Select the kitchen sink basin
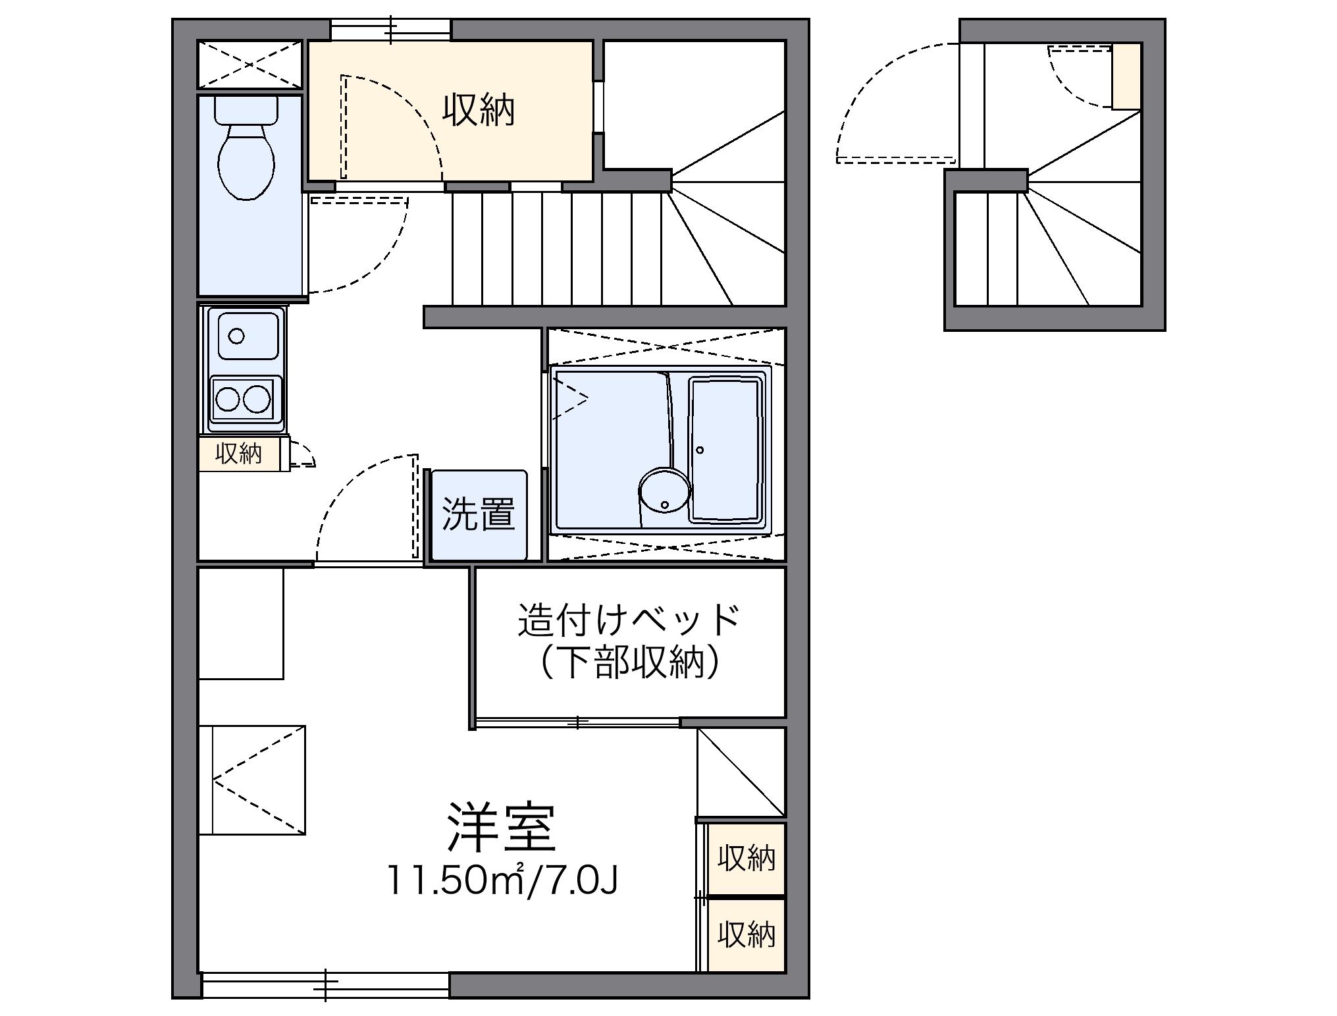click(248, 336)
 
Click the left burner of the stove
click(228, 398)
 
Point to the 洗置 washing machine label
click(479, 514)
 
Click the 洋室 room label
click(502, 828)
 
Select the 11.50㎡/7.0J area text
click(502, 880)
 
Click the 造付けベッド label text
click(629, 619)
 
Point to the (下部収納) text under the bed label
click(629, 662)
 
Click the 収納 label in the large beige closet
click(479, 110)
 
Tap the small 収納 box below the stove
click(239, 454)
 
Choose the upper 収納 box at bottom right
click(746, 859)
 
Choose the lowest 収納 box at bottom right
click(746, 934)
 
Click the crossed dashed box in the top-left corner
click(249, 65)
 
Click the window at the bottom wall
click(326, 984)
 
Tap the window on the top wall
click(390, 30)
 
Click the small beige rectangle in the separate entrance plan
click(1126, 76)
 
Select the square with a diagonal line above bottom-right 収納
click(741, 772)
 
